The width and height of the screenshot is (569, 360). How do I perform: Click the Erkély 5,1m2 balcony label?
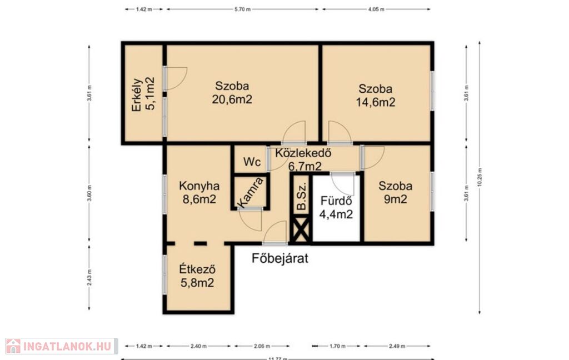tap(143, 94)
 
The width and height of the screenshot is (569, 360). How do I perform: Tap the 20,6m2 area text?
tap(232, 99)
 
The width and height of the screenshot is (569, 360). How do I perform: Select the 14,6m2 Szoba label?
tap(375, 96)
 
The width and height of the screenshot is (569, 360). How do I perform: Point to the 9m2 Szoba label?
tap(395, 192)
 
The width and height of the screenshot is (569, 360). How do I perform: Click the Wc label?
tap(252, 162)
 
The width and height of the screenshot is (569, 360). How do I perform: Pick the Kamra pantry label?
tap(251, 192)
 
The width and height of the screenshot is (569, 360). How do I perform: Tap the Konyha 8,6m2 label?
tap(199, 192)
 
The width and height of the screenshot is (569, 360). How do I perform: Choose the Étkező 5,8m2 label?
tap(197, 276)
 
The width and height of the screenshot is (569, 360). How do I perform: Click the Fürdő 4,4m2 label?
tap(336, 207)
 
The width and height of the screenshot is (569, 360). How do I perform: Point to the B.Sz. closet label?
tap(301, 196)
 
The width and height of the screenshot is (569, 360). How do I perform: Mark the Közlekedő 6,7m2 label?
tap(303, 159)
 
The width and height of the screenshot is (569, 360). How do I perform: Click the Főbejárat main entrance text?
tap(280, 258)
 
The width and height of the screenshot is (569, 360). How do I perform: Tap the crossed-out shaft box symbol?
tap(301, 229)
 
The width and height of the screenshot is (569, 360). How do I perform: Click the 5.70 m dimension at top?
tap(242, 9)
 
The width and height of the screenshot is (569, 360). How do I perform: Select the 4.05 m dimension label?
tap(376, 9)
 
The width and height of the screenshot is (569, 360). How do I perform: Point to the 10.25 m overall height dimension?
tap(480, 177)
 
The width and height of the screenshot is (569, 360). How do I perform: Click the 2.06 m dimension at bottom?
tap(259, 346)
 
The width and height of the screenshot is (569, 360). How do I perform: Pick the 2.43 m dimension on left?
tap(89, 278)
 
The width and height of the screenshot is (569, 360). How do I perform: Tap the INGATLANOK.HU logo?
tap(61, 346)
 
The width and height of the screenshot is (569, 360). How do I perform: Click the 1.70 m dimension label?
tap(337, 346)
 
